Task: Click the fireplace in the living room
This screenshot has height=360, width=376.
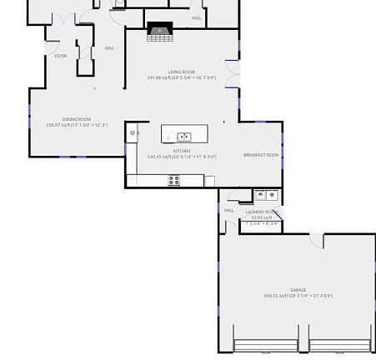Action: tap(158, 32)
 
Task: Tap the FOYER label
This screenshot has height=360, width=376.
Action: tap(60, 56)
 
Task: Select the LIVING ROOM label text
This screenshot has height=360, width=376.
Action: tap(181, 72)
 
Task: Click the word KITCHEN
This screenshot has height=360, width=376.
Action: tap(181, 151)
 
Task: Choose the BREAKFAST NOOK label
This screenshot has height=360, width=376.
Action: tap(260, 155)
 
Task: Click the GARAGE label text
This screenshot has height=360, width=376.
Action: tap(298, 289)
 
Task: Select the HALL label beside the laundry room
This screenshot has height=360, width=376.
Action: tap(229, 210)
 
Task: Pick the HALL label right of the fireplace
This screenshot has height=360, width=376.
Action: tap(197, 17)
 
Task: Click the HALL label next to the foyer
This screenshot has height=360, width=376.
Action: tap(109, 48)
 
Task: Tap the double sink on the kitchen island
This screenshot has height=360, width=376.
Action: tap(183, 137)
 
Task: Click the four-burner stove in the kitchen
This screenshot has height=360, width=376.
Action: tap(173, 179)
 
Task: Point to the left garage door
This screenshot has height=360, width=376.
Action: tap(270, 344)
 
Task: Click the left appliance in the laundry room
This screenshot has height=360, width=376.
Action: tap(261, 195)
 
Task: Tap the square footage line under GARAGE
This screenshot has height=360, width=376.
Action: tap(298, 296)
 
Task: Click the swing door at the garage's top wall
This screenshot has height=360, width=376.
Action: tap(316, 242)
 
